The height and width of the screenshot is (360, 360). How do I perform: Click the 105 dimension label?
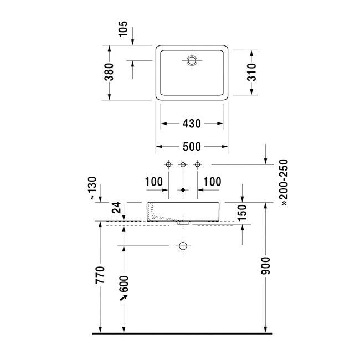123,29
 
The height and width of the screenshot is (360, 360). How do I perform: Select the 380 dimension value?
109,72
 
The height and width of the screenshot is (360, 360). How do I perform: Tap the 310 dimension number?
251,73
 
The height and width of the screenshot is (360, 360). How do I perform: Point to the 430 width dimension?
192,124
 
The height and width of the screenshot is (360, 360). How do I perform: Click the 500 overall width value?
192,146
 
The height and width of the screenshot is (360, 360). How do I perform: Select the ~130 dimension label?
92,188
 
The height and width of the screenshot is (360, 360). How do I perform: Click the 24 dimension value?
116,208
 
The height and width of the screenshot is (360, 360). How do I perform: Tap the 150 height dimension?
242,213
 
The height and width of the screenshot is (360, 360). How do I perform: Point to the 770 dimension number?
100,275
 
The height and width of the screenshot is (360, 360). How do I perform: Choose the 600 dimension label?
124,284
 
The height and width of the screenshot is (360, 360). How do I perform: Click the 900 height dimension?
266,266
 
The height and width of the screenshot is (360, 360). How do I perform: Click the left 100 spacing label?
154,182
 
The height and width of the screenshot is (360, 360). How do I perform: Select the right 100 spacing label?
212,182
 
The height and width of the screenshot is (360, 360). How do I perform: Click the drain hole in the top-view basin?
192,60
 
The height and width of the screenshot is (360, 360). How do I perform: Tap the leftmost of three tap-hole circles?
168,164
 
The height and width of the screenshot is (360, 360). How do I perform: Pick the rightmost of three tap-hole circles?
198,164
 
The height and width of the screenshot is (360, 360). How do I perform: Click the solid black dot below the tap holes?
183,190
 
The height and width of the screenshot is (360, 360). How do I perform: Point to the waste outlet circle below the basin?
183,246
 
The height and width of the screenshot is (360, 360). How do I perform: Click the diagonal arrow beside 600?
124,297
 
